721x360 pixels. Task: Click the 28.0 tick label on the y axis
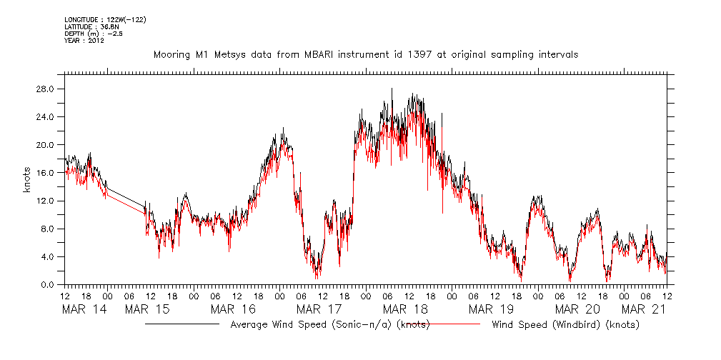[46, 89]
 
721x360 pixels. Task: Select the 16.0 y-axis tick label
[46, 172]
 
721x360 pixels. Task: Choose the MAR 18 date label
[405, 309]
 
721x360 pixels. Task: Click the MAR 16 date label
[233, 309]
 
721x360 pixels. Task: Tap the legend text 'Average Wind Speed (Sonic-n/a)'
[313, 325]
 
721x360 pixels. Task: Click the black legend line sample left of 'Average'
[182, 324]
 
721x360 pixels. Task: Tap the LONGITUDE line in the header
[94, 19]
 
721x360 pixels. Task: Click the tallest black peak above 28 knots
[392, 89]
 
